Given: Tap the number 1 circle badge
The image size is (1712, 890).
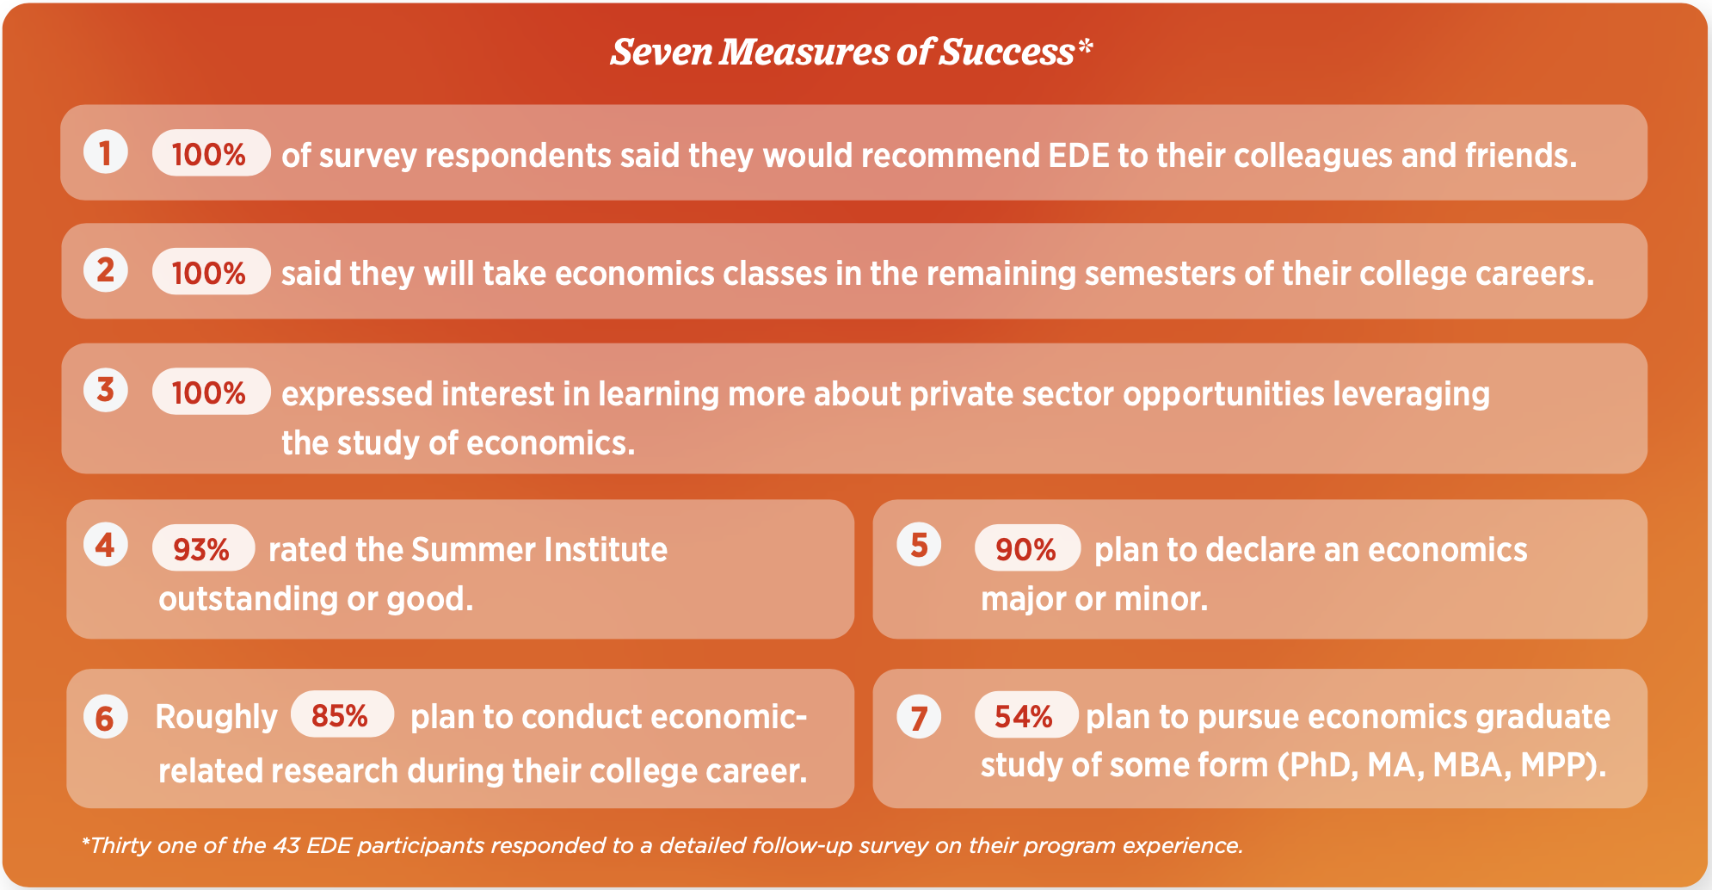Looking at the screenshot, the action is tap(106, 152).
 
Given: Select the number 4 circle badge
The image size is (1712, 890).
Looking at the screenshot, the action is tap(106, 545).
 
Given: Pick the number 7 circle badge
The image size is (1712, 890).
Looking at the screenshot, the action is tap(919, 717).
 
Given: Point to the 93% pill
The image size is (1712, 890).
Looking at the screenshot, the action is tap(203, 547).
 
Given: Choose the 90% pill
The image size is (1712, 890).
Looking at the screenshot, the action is tap(1027, 547).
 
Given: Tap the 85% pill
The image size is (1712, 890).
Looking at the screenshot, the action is tap(342, 714).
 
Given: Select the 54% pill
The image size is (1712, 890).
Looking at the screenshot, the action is tap(1026, 714).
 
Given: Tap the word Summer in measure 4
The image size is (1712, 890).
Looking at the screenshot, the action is tap(466, 550).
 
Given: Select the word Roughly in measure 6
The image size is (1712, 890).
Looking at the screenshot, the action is tap(216, 718).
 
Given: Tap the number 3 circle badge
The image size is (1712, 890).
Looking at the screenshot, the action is tap(106, 390).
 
